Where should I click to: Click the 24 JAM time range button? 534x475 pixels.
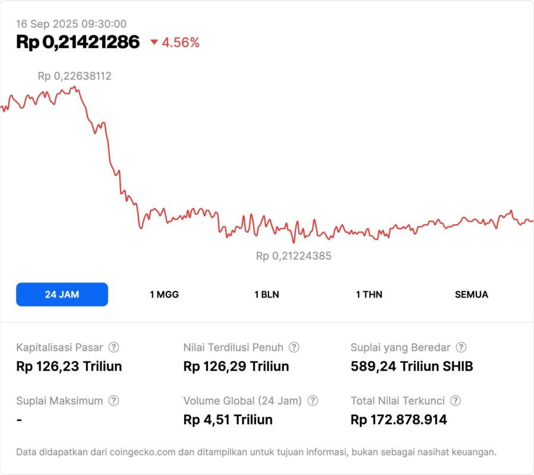coord(62,294)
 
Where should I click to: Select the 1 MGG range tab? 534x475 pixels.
coord(164,294)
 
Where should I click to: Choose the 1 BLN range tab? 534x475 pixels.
coord(267,294)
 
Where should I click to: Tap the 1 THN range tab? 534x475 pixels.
coord(369,294)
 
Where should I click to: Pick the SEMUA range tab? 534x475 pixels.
coord(471,294)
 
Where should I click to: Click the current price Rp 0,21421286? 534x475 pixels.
coord(78,42)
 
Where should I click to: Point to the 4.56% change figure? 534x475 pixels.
coord(181,43)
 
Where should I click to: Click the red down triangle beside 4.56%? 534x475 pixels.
coord(154,42)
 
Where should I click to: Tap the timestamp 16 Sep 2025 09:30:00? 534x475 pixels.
coord(71,24)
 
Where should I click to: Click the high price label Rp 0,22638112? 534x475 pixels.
coord(75,76)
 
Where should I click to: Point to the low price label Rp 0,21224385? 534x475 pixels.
coord(293,256)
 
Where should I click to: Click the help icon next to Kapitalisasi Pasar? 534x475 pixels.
coord(113,347)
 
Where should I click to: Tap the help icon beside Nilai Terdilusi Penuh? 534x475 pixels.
coord(293,347)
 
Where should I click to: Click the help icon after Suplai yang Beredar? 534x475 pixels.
coord(460,347)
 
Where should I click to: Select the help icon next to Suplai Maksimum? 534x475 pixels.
coord(113,401)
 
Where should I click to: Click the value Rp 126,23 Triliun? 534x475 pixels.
coord(69,366)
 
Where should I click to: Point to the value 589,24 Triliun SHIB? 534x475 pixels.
coord(412,366)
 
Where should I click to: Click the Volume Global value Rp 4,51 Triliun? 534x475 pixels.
coord(228,420)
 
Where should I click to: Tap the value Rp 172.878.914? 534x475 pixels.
coord(399,420)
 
